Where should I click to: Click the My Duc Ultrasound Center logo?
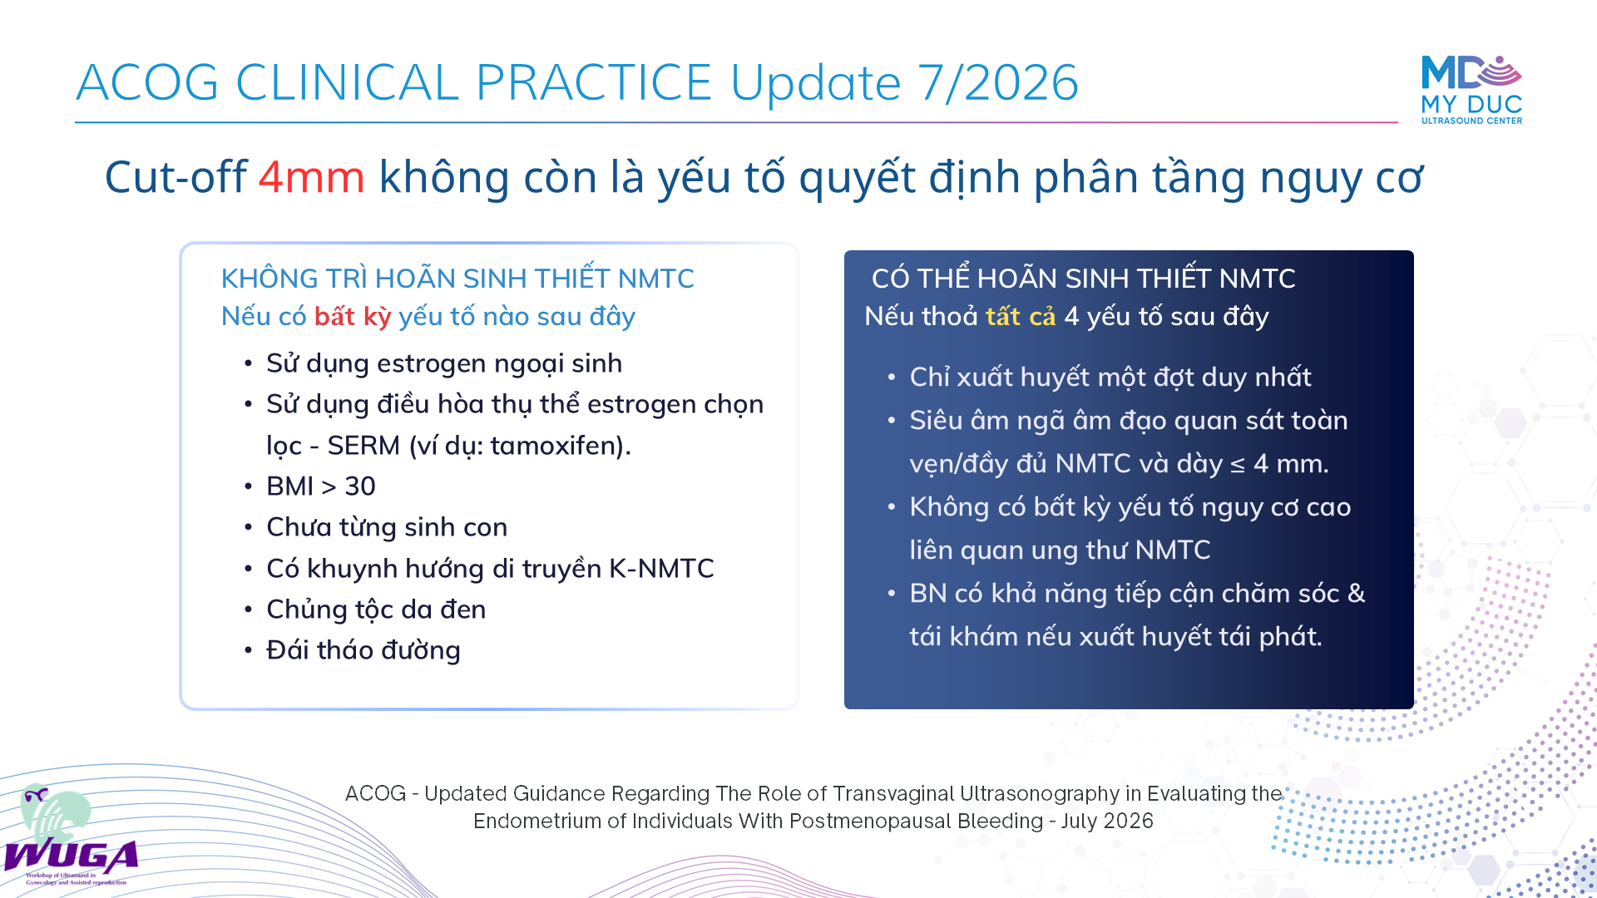click(1471, 90)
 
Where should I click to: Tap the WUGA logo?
click(71, 836)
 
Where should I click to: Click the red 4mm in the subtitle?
click(311, 177)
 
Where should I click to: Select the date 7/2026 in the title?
click(998, 82)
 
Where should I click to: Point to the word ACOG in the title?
click(147, 82)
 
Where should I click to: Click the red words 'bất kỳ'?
click(353, 317)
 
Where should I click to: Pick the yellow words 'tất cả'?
click(1021, 317)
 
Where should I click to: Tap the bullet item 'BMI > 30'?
click(321, 486)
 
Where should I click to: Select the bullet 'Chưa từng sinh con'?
click(387, 527)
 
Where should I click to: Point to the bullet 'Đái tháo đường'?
click(363, 650)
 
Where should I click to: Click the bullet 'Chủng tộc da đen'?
click(376, 609)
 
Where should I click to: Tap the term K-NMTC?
click(662, 569)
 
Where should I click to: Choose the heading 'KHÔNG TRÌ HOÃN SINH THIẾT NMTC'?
click(457, 279)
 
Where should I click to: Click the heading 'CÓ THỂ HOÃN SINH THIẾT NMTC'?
click(1084, 279)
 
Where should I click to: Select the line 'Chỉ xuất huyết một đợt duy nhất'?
click(1110, 377)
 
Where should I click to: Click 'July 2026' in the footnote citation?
click(1107, 822)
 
